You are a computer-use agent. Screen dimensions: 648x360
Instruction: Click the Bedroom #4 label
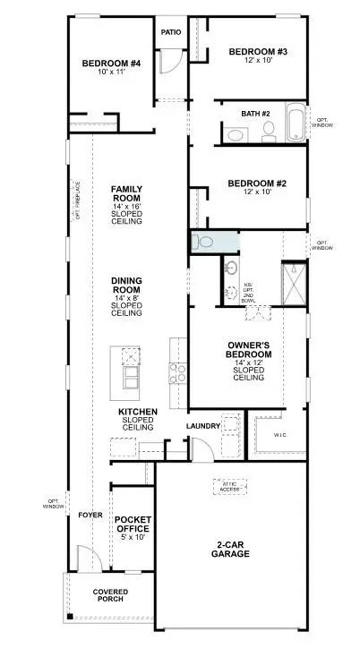point(111,66)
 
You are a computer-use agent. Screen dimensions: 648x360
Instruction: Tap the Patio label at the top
point(170,32)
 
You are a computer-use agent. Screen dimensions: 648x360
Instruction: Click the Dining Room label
point(127,295)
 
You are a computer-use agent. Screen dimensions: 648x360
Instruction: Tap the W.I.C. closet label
point(278,436)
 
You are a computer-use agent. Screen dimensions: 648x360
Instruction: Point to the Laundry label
point(203,426)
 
